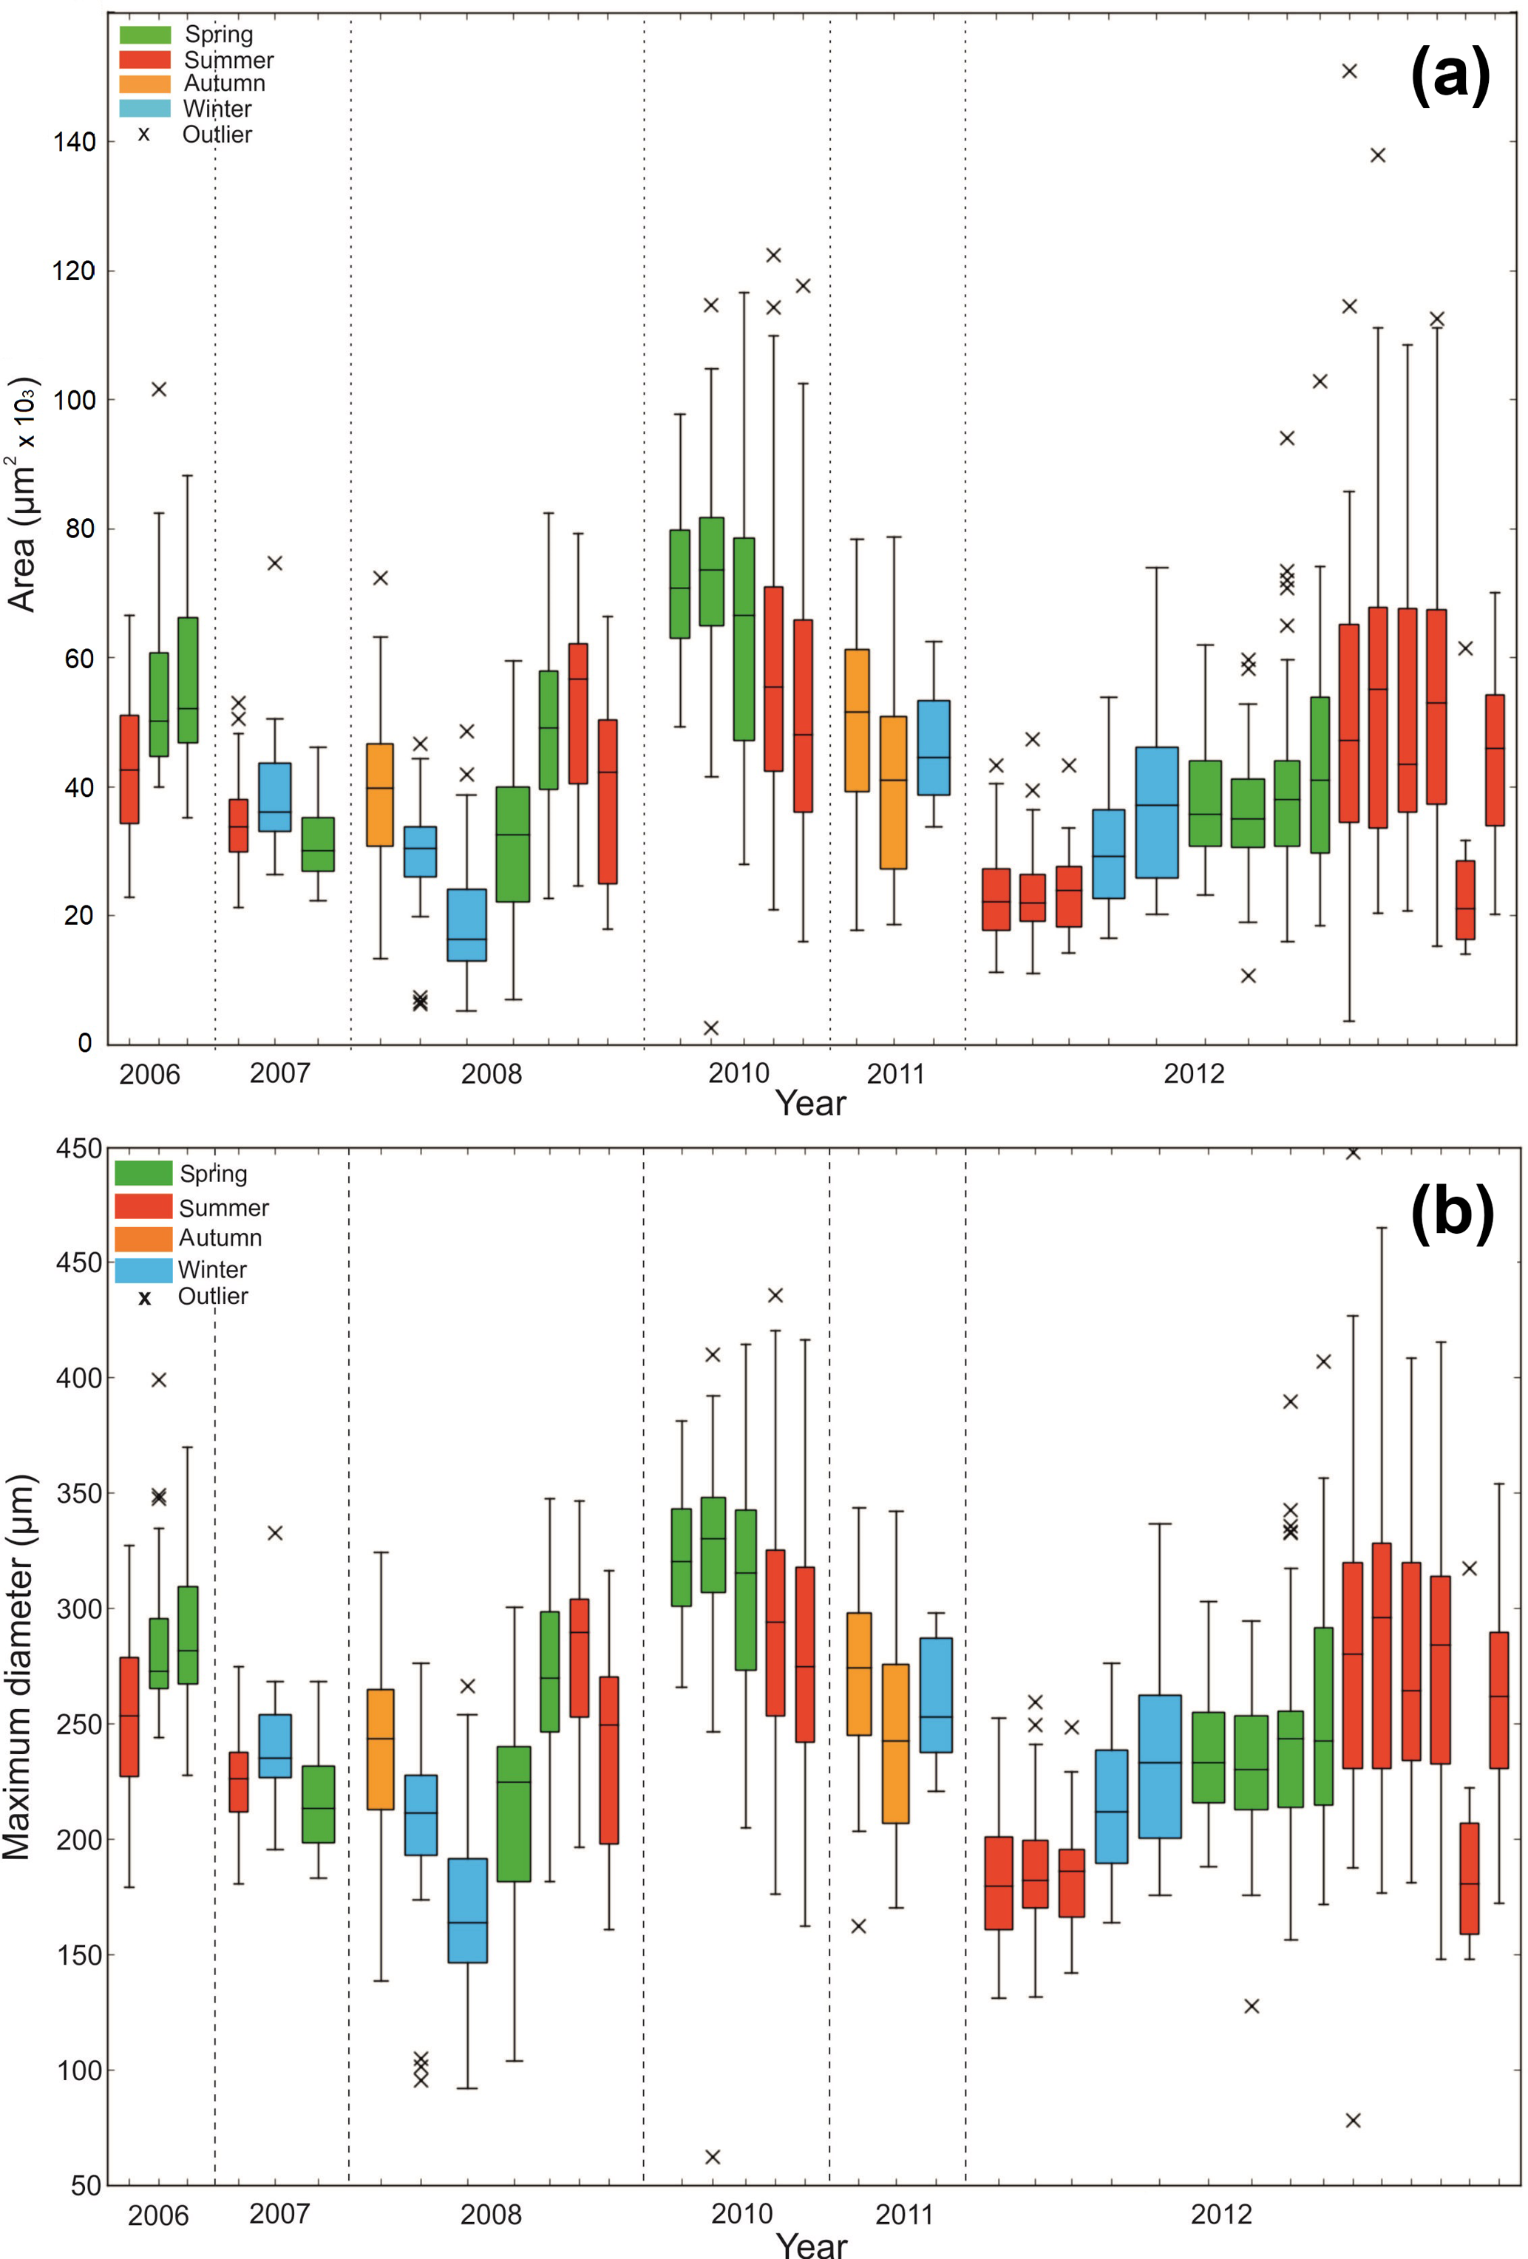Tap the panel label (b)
(x=1451, y=1212)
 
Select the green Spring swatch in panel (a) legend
(x=145, y=35)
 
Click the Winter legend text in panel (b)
(x=212, y=1269)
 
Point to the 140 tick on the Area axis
(x=75, y=142)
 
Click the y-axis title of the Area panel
(x=24, y=494)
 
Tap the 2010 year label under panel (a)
(x=738, y=1073)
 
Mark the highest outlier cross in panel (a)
(x=1349, y=71)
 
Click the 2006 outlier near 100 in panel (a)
(x=158, y=390)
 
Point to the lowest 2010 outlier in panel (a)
(x=710, y=1027)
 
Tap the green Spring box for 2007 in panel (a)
(x=318, y=843)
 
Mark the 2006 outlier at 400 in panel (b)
(x=158, y=1379)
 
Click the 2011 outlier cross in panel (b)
(x=858, y=1926)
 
